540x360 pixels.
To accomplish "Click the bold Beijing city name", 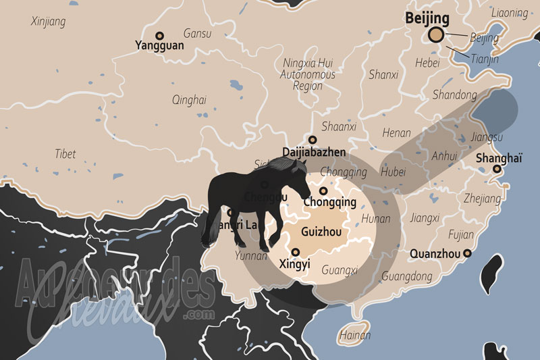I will [427, 18].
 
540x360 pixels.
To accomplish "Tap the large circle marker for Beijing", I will [437, 36].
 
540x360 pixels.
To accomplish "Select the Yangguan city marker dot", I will [160, 35].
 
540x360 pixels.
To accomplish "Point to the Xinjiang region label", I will [49, 22].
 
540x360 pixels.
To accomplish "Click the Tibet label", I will [65, 154].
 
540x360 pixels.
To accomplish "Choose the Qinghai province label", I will [189, 100].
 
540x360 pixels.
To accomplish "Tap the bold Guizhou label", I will [321, 232].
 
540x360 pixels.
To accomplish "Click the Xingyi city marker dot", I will [295, 252].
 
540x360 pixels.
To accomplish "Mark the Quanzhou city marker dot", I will [466, 253].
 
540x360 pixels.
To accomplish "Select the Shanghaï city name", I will [499, 158].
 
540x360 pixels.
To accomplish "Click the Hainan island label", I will [355, 335].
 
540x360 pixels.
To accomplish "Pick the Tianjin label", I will [485, 59].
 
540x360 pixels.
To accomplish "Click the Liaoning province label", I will [510, 12].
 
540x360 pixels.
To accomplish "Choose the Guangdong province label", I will [406, 276].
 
